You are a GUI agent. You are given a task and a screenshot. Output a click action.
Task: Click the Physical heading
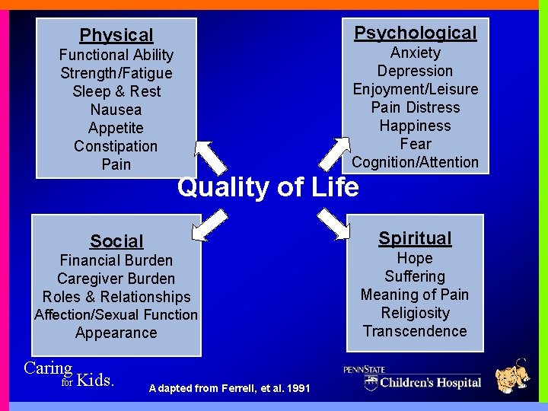(116, 35)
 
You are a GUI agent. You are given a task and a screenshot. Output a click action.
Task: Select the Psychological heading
(416, 33)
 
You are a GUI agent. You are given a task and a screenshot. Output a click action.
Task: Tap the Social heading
(116, 241)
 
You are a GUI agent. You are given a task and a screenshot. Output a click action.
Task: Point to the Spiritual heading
(415, 238)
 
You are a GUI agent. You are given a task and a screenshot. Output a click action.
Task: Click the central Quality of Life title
(268, 186)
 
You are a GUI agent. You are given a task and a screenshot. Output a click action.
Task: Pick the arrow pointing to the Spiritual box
(333, 222)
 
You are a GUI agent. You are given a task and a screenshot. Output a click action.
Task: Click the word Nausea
(116, 110)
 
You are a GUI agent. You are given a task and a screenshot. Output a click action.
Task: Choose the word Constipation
(116, 146)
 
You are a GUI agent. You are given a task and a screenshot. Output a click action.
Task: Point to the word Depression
(415, 71)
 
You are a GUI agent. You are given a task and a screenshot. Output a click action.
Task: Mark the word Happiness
(415, 126)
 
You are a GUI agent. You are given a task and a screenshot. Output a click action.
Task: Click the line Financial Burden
(116, 260)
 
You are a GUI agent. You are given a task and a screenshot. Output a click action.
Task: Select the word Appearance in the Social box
(116, 333)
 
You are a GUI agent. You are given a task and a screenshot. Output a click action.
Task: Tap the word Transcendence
(415, 331)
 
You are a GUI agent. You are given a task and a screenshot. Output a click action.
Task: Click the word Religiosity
(415, 313)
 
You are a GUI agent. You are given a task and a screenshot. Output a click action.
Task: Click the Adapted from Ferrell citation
(230, 389)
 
